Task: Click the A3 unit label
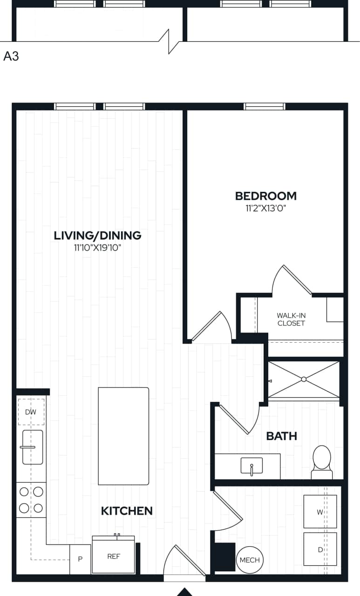(11, 57)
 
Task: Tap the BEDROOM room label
(265, 196)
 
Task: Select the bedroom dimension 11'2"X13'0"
(265, 208)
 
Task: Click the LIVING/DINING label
(97, 236)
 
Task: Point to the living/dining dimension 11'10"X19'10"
(97, 248)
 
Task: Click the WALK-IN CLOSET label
(291, 319)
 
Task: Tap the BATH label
(281, 436)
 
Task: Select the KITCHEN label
(127, 511)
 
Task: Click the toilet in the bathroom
(321, 461)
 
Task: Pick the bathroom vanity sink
(251, 466)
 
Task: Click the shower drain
(304, 379)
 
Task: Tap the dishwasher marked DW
(31, 412)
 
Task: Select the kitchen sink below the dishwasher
(33, 447)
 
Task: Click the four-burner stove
(32, 500)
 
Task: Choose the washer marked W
(320, 512)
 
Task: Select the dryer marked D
(320, 549)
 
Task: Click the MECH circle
(250, 560)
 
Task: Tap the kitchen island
(123, 436)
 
